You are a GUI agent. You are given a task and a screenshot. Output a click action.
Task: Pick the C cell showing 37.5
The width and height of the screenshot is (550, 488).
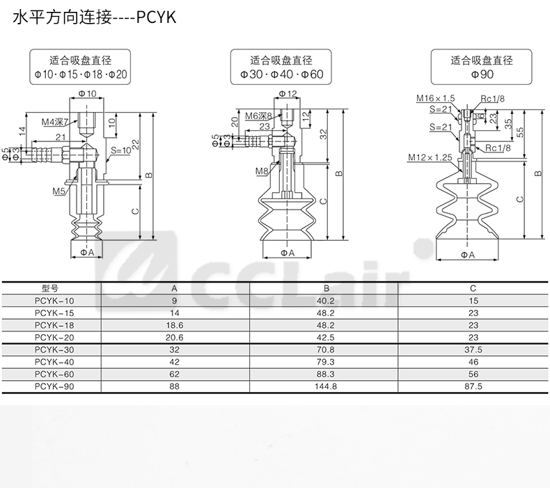(x=473, y=349)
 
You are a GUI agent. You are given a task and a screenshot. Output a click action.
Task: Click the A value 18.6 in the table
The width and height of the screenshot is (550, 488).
(x=175, y=325)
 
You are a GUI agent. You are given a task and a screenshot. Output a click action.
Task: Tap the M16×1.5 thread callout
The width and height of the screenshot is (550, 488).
(x=435, y=98)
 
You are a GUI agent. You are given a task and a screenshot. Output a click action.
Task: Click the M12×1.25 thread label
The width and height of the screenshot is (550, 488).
(x=432, y=157)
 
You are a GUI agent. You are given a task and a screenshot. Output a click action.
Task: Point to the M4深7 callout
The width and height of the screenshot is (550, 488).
(x=55, y=122)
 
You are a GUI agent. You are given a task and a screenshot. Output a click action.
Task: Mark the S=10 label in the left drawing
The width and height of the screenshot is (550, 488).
(x=120, y=150)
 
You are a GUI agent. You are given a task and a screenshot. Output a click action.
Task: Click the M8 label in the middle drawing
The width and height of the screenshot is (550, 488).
(x=262, y=171)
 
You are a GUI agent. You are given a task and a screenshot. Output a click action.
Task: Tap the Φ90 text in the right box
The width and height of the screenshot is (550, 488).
(x=482, y=73)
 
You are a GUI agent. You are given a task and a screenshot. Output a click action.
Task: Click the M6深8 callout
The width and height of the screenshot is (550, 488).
(x=258, y=115)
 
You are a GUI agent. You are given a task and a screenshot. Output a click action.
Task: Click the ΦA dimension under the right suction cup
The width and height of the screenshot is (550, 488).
(x=468, y=255)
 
